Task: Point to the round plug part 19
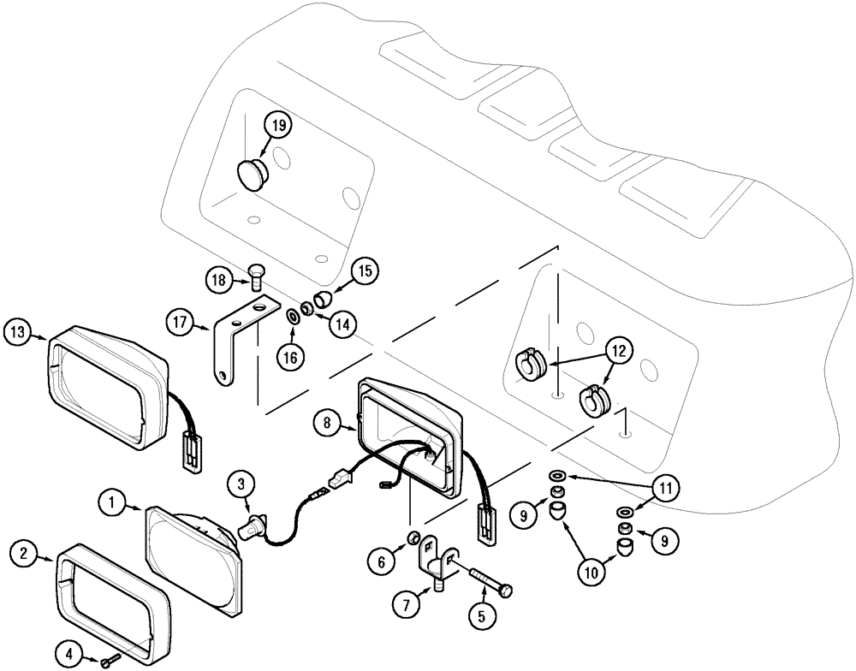click(x=253, y=174)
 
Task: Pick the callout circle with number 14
click(x=342, y=324)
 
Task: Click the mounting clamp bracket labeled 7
click(x=437, y=565)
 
